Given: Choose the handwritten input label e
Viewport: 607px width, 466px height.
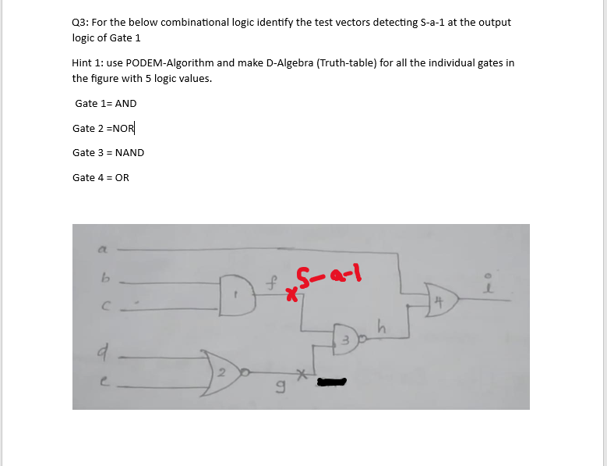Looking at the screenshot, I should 101,380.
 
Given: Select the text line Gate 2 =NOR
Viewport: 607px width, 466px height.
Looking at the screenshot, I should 104,128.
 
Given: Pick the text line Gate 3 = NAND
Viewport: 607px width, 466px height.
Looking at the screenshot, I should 108,153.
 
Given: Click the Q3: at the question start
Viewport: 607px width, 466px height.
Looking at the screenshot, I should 79,22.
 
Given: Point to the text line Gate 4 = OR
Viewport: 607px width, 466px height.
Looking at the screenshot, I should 101,178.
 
